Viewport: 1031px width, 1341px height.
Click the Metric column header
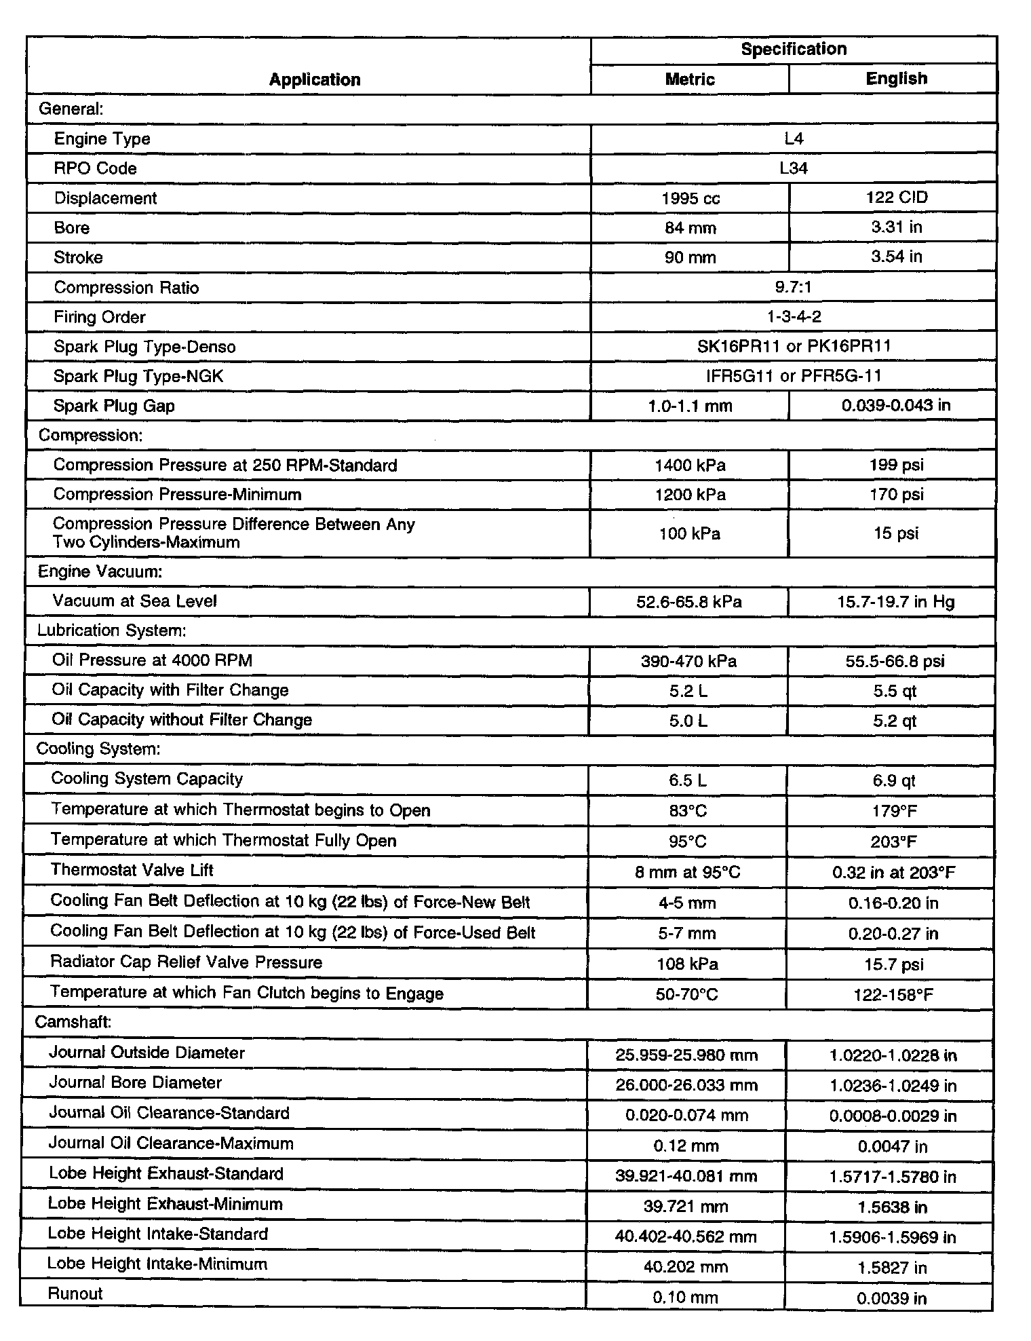tap(690, 79)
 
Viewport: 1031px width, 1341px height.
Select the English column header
tap(896, 79)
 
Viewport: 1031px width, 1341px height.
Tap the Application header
tap(315, 79)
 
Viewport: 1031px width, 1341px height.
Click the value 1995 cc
tap(690, 198)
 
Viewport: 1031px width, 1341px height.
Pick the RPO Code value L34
tap(794, 168)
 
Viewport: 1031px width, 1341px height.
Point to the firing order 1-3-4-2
tap(794, 317)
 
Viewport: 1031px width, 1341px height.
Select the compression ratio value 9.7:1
tap(794, 287)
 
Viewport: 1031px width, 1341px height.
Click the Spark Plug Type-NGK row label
tap(138, 376)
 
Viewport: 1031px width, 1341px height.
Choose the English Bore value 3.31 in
tap(896, 227)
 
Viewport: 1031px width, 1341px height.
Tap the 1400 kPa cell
tap(690, 466)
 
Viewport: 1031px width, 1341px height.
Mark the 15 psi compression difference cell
tap(895, 533)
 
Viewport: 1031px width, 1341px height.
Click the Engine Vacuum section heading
tap(100, 571)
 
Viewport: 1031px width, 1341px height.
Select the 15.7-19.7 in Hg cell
tap(895, 602)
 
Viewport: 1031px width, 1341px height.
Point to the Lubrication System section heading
tap(111, 630)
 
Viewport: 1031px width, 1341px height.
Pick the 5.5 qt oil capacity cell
tap(895, 691)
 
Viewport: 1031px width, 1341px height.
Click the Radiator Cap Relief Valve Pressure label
tap(187, 962)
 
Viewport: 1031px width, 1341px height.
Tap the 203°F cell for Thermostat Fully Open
tap(894, 842)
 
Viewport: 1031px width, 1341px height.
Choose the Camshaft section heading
tap(73, 1022)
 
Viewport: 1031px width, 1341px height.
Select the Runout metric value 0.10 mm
tap(685, 1298)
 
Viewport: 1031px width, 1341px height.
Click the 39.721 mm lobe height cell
tap(686, 1207)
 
